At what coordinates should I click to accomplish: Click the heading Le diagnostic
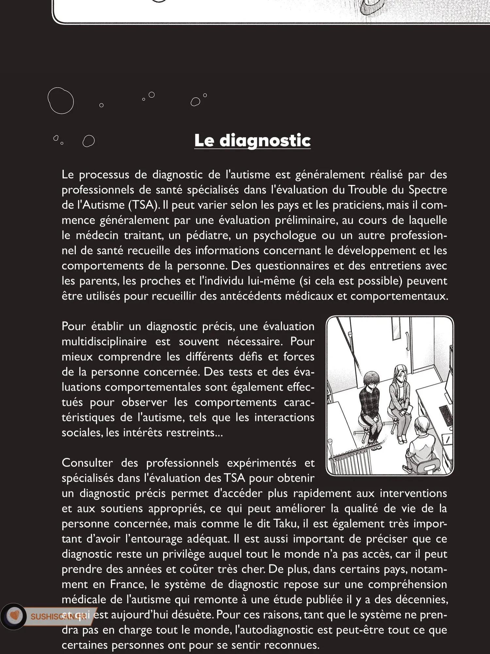[252, 141]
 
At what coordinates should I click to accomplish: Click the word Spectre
[428, 190]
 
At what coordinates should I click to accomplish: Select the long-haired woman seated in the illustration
[400, 396]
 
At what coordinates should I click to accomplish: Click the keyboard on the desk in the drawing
[446, 415]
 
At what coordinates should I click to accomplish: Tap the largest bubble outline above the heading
[60, 101]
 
